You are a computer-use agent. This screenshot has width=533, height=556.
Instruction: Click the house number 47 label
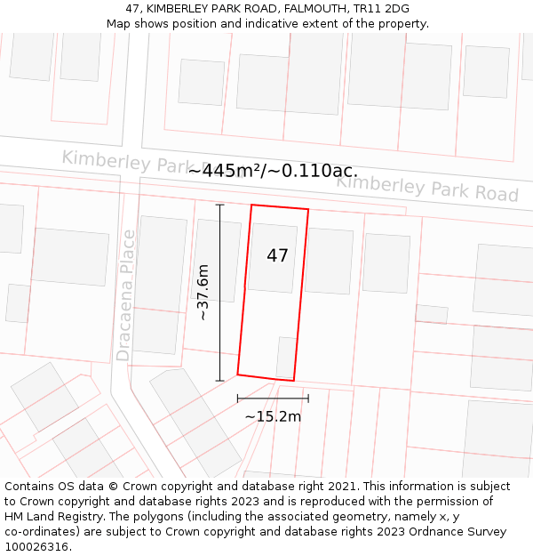277,256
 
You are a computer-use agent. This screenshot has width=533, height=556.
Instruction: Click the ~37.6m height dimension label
203,293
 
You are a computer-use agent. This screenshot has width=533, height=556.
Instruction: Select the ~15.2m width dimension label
273,416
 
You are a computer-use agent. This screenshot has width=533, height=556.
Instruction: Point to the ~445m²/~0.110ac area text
273,171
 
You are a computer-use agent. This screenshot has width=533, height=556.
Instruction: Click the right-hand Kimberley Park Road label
426,188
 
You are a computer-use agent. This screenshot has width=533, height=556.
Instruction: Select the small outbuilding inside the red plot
286,357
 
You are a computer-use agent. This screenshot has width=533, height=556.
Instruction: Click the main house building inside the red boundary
273,258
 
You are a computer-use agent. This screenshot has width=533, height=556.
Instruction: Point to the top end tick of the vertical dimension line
219,205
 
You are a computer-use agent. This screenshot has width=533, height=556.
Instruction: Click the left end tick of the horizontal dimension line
237,399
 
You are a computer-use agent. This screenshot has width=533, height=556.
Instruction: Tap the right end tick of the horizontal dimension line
308,399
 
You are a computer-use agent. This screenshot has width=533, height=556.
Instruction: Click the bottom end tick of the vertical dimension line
219,381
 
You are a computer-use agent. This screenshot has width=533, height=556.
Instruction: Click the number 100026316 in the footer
38,547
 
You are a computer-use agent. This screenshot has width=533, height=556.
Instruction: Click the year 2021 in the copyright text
342,487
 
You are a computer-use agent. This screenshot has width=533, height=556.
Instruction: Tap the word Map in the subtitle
119,24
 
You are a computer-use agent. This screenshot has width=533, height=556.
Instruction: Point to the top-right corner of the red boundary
308,210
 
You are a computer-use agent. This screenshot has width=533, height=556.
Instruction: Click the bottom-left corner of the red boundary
237,374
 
